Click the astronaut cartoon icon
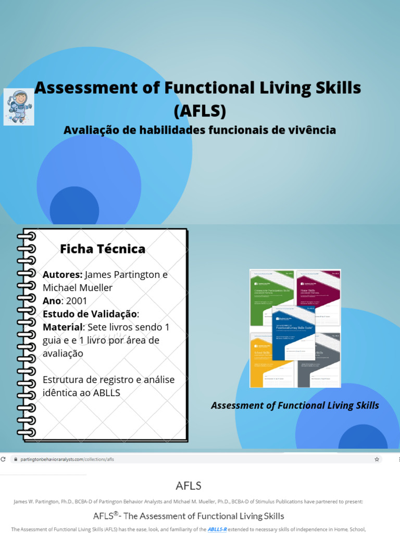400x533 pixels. pos(19,107)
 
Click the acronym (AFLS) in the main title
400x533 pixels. pos(200,111)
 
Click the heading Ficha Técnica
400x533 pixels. pos(103,249)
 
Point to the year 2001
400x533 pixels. pos(77,301)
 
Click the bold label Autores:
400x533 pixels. pos(63,275)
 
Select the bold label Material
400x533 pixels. pos(63,327)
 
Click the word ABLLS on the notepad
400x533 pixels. pos(106,392)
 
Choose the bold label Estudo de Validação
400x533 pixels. pos(90,314)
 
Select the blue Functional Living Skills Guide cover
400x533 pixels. pos(294,333)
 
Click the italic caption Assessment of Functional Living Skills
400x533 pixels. pos(295,405)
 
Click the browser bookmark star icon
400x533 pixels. pos(377,460)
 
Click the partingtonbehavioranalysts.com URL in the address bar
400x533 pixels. pos(63,460)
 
